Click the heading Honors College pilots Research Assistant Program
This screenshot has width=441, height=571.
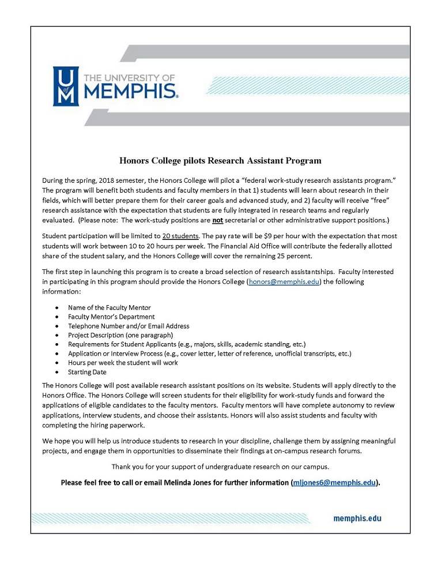(x=220, y=160)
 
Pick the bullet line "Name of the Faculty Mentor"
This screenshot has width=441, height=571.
(x=109, y=307)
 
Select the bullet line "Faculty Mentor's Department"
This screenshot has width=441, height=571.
(x=111, y=317)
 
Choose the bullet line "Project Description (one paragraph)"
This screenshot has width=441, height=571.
(x=120, y=335)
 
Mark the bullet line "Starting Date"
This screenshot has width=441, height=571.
(x=87, y=372)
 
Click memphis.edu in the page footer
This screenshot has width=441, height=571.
(x=357, y=518)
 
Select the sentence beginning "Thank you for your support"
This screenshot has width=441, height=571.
(x=220, y=466)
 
